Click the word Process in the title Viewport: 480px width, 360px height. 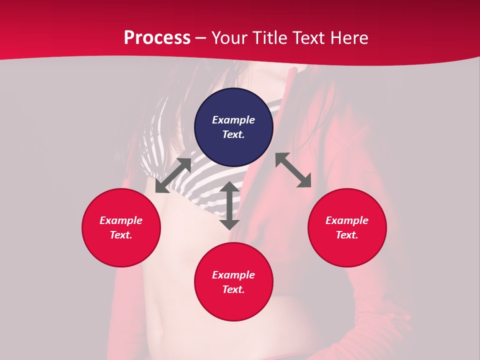tap(157, 38)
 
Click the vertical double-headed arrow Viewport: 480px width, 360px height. tap(229, 205)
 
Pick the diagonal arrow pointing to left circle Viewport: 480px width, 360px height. tap(173, 175)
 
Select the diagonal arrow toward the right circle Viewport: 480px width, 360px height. tap(293, 170)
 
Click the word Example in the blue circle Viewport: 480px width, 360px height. tap(233, 120)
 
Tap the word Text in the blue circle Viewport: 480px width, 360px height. tap(233, 134)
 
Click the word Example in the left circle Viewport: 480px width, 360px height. tap(121, 220)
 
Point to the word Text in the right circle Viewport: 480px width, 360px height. tap(347, 235)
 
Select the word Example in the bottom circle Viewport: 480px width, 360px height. tap(233, 275)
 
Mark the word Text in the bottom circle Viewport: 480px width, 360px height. tap(233, 289)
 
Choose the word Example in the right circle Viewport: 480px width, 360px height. tap(347, 220)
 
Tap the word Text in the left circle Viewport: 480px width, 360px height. tap(121, 235)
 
